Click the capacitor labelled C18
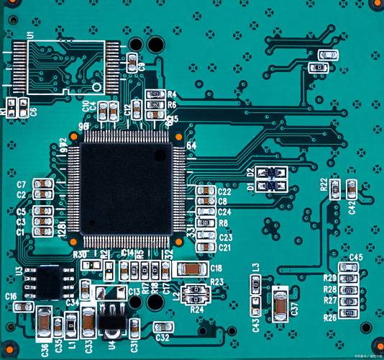191,269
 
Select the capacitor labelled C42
351,189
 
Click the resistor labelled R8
206,223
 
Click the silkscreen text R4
172,94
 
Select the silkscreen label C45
356,258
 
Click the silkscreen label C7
22,184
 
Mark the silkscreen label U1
31,35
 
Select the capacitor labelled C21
206,246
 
